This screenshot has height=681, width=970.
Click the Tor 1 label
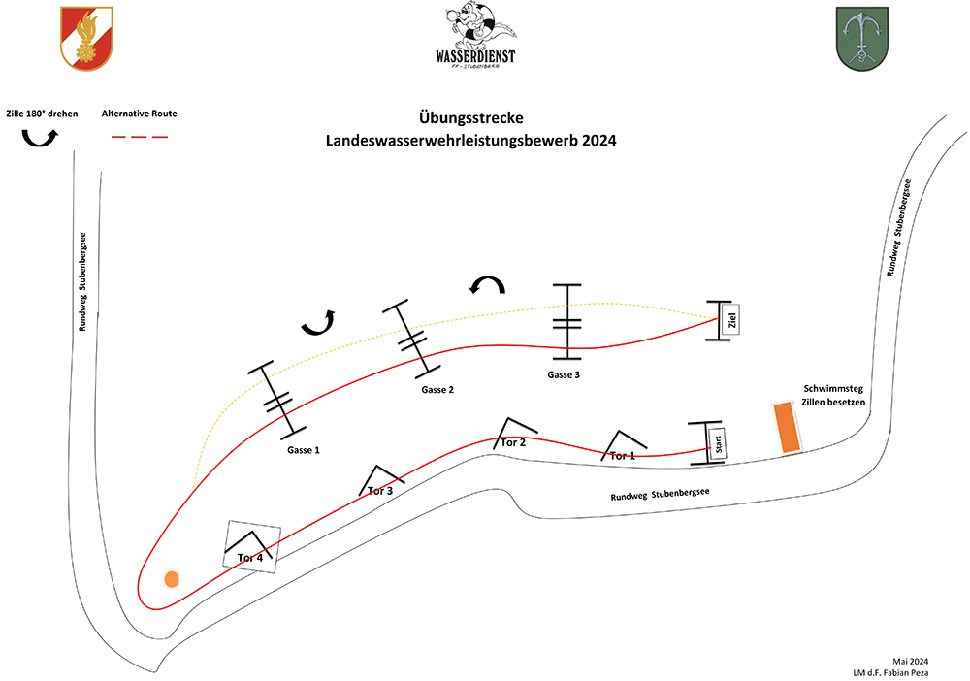(622, 455)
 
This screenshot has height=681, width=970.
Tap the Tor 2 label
(513, 442)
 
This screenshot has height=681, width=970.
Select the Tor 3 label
(381, 490)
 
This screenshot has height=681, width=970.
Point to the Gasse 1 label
(303, 451)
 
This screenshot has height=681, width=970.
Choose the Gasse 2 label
(437, 390)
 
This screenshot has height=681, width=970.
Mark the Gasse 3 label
(564, 374)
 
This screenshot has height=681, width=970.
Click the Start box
(719, 444)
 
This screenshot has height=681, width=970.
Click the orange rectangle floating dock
(786, 428)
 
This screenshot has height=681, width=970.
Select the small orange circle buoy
(172, 579)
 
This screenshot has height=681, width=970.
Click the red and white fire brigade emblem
(85, 38)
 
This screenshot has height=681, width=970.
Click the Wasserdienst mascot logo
(475, 36)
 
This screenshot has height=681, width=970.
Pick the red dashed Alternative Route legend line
(140, 138)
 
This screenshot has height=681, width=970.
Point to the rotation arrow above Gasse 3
(487, 284)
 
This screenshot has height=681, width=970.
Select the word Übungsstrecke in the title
(471, 118)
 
